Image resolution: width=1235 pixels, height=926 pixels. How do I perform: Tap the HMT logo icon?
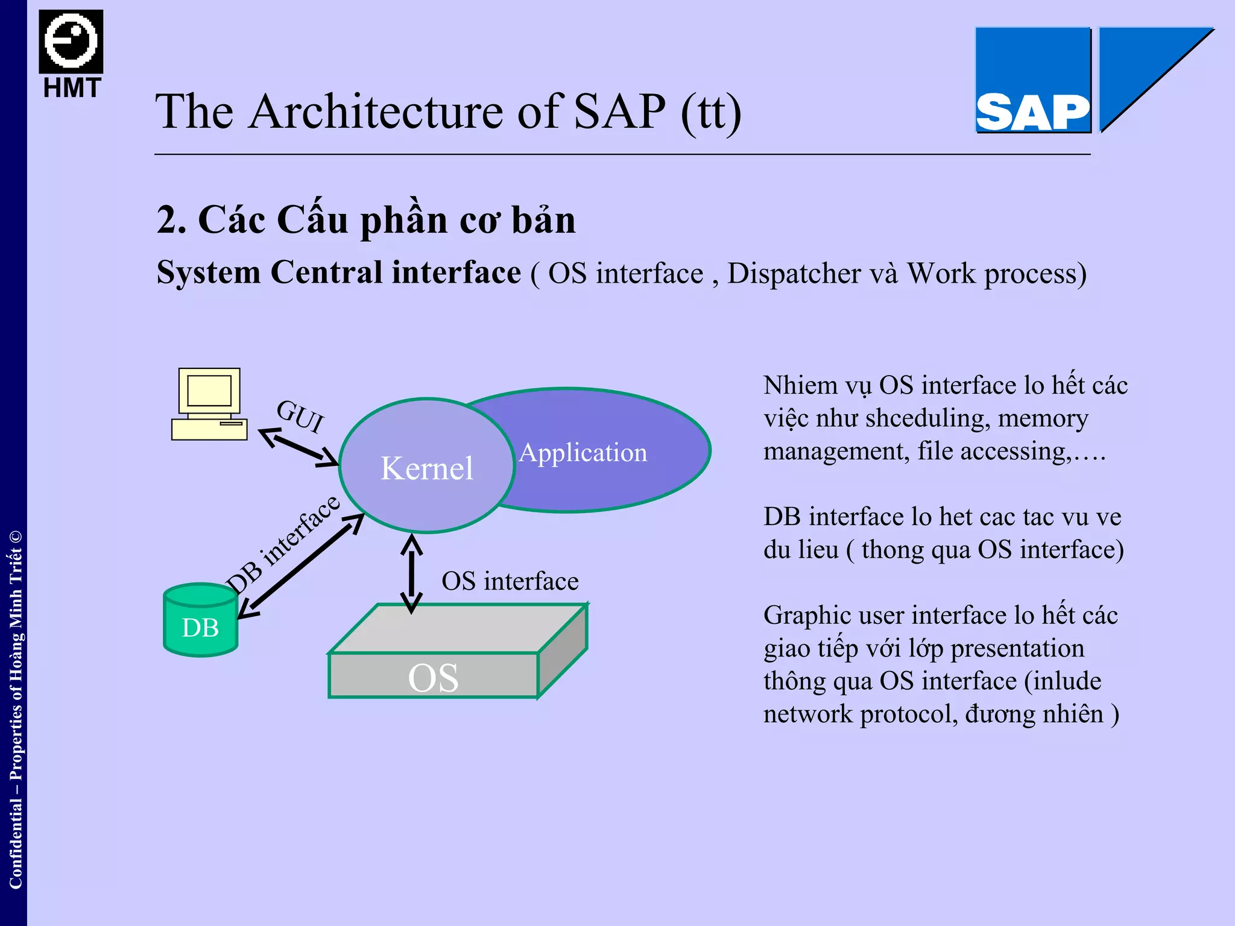[71, 42]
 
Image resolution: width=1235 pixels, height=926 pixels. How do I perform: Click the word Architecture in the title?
[376, 112]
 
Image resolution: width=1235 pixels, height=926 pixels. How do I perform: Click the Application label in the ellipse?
[583, 453]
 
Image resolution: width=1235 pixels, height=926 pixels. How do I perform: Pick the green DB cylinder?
[200, 621]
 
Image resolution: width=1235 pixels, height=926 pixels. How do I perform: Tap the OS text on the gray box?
[433, 678]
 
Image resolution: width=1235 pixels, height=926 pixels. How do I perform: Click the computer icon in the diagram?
[209, 404]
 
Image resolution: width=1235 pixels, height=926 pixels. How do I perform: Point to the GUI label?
[300, 417]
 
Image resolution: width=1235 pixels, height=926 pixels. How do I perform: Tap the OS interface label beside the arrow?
[510, 582]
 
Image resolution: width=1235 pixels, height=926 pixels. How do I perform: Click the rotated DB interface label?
[282, 546]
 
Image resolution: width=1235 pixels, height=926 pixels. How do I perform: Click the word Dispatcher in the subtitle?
[793, 274]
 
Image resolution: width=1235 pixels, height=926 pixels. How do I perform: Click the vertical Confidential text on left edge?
[15, 711]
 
